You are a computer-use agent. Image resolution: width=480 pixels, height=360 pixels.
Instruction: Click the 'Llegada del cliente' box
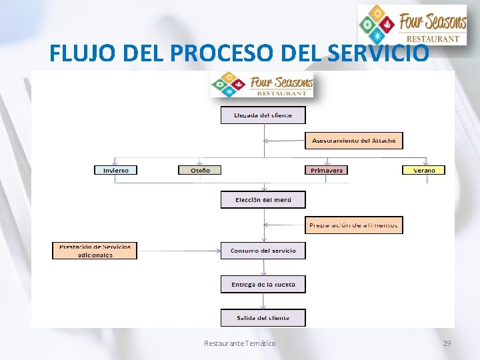(263, 115)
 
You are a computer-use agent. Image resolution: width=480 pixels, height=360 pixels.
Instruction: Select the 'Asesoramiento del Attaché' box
(353, 141)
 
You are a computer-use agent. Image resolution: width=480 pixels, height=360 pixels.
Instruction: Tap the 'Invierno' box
(116, 170)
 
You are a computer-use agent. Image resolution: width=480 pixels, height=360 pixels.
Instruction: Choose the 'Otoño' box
(199, 170)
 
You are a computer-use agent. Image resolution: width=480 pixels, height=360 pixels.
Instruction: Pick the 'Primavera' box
(327, 170)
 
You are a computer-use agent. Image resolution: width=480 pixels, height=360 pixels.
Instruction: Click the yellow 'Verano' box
(423, 170)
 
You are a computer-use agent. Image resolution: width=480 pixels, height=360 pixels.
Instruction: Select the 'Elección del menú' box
(263, 200)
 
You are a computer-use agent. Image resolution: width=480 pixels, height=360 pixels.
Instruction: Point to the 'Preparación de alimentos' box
(353, 225)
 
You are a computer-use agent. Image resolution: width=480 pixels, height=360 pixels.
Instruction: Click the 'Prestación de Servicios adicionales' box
(95, 251)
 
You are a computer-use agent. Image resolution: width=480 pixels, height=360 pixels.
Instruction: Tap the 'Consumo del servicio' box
(263, 251)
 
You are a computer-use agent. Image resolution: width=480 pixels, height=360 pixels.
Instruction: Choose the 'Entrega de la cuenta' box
(263, 285)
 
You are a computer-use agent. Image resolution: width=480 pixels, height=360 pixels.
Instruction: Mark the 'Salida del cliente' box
(263, 317)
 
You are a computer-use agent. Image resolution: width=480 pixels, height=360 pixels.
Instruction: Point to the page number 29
(446, 343)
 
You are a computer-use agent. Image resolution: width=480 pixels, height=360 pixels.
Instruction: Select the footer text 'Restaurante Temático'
(239, 343)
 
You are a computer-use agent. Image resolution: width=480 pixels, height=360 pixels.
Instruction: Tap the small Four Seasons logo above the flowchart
(262, 85)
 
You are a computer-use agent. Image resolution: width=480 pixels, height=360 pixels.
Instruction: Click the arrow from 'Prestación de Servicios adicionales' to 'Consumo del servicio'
(179, 251)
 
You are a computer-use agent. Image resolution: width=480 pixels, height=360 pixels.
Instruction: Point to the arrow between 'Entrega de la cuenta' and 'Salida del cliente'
(263, 301)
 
